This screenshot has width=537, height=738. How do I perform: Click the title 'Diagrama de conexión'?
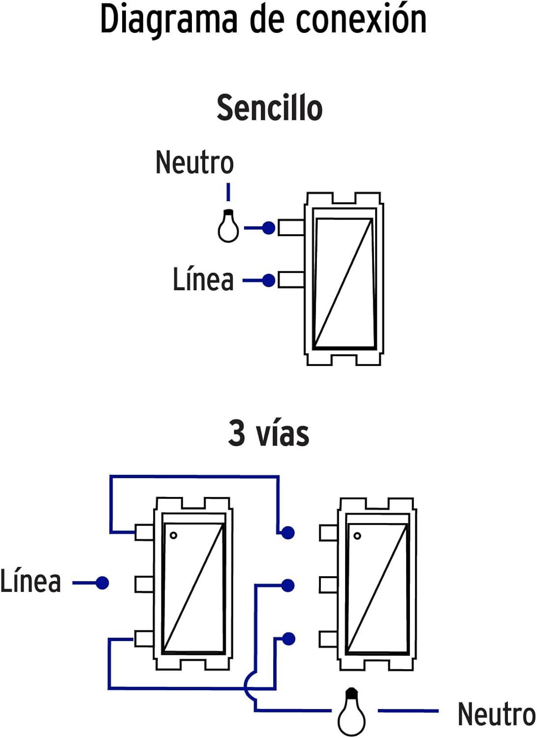(x=263, y=20)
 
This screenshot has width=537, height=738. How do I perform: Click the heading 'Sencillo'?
(x=269, y=108)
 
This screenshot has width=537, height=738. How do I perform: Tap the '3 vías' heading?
(x=269, y=433)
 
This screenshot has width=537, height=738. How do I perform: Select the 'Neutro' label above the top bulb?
(x=194, y=162)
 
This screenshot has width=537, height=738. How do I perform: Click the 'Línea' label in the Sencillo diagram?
(x=203, y=279)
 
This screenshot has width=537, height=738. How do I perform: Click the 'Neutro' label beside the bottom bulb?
(x=496, y=714)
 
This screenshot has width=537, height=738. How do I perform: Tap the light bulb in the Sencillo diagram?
(x=228, y=227)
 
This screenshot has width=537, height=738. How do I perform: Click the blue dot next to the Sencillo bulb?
(x=268, y=228)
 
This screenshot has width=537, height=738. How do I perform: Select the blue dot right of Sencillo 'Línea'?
(x=268, y=280)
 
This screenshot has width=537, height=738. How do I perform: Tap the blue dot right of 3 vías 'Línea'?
(x=102, y=583)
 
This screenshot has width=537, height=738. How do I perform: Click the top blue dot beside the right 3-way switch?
(x=288, y=532)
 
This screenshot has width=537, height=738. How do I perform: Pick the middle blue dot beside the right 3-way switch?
(x=288, y=585)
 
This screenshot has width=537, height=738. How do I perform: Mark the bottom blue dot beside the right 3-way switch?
(x=288, y=639)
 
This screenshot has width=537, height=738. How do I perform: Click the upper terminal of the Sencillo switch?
(x=291, y=228)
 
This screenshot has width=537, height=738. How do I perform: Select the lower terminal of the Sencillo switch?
(x=291, y=280)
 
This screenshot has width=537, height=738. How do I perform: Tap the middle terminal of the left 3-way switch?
(x=145, y=584)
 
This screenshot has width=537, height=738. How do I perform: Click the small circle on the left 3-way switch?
(x=173, y=535)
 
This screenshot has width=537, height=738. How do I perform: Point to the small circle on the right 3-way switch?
(x=357, y=536)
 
